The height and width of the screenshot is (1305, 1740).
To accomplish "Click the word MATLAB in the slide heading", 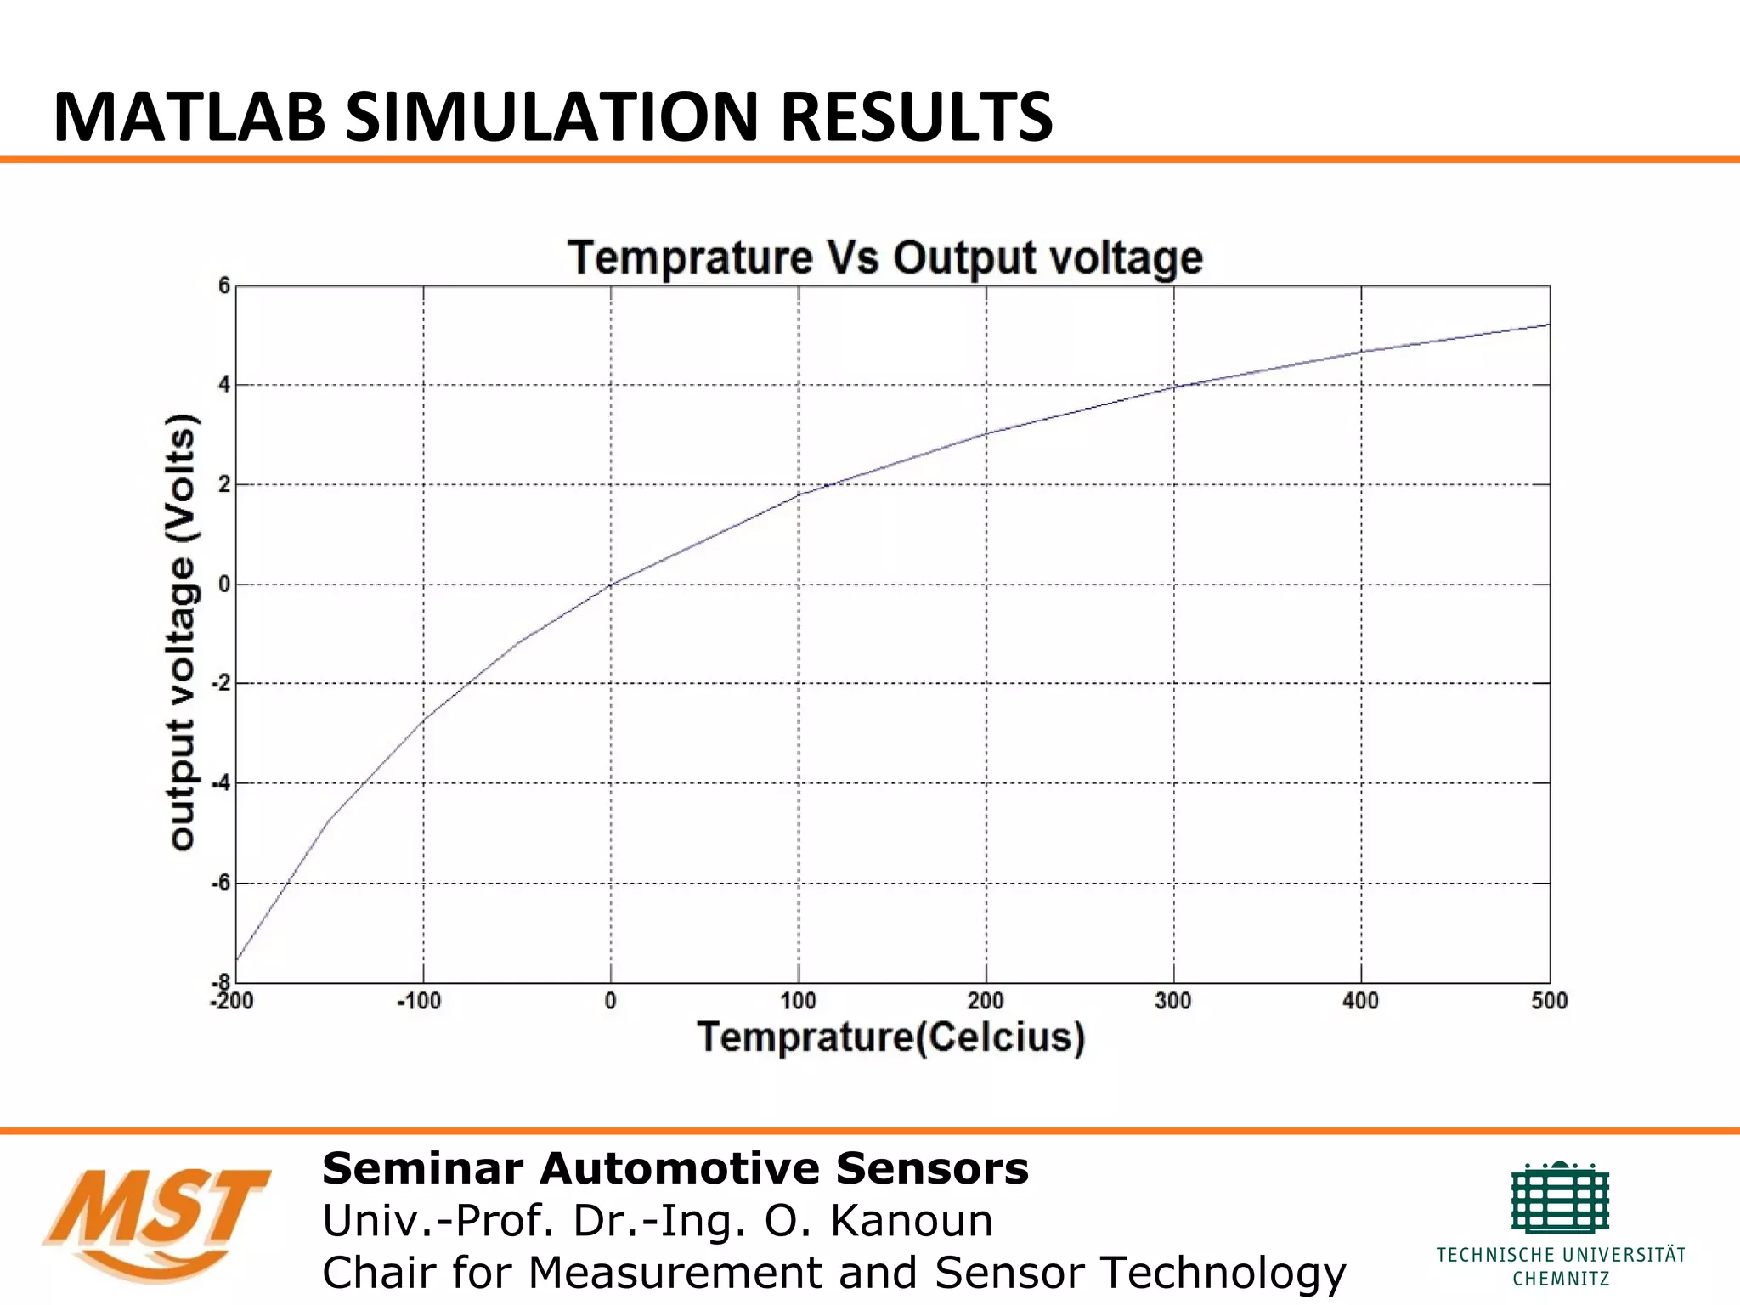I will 189,117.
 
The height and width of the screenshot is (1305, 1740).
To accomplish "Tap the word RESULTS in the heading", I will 916,117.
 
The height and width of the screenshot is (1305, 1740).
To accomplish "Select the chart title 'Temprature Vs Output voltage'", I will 885,257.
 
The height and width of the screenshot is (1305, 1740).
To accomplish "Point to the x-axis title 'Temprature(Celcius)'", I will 891,1037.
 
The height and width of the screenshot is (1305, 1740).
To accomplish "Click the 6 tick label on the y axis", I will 224,286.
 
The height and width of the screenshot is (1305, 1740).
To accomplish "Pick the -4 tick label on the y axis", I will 221,783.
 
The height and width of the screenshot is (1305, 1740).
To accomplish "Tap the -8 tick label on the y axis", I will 221,981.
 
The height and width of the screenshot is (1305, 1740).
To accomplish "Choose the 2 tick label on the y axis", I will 224,485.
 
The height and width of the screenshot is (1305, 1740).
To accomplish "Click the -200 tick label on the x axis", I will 232,1002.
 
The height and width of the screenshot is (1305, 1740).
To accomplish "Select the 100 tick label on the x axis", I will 798,1002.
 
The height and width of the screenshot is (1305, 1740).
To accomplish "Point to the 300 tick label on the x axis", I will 1173,1002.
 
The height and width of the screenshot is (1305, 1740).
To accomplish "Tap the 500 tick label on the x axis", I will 1549,1002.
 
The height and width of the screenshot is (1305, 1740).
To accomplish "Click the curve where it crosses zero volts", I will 612,584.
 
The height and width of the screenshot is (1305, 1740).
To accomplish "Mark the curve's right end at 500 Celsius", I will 1548,325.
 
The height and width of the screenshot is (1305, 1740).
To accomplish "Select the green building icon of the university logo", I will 1560,1198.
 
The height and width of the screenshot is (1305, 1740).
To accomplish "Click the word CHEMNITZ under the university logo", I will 1561,1279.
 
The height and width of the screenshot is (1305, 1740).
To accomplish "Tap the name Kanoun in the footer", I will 911,1221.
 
